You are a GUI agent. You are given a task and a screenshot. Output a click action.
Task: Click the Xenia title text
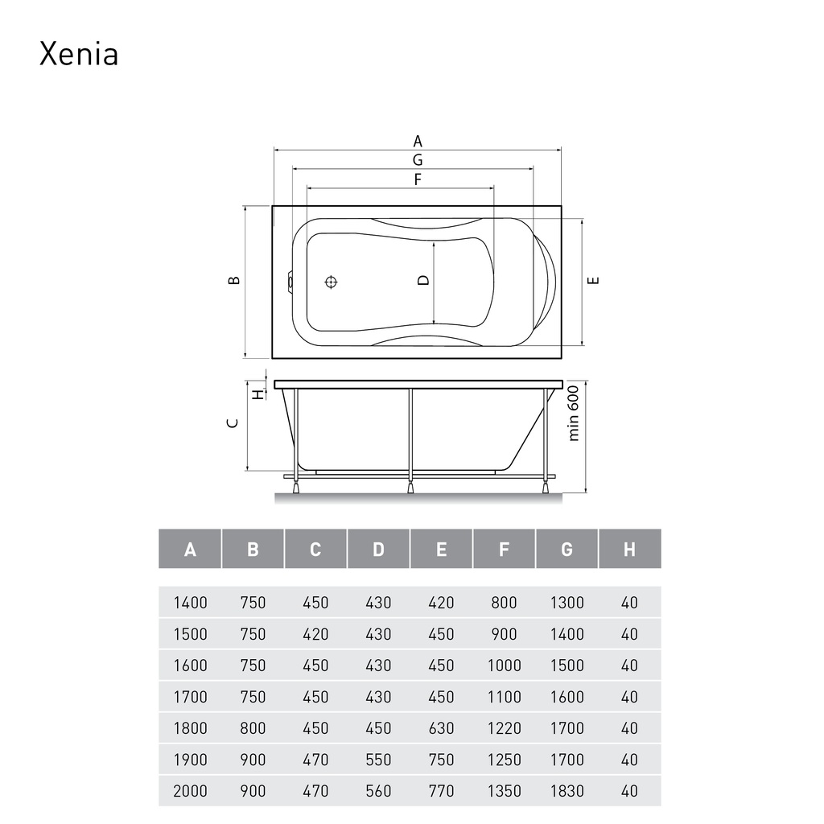(79, 54)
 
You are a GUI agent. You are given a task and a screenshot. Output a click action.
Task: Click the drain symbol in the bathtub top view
(331, 282)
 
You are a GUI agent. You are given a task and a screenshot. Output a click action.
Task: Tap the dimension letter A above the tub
(418, 142)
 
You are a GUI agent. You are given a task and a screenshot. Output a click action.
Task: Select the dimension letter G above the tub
(418, 160)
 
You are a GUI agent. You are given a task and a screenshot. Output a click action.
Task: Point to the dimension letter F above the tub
(418, 179)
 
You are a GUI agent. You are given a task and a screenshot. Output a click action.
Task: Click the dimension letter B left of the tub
(234, 280)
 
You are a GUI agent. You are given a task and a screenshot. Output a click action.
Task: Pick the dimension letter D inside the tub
(423, 280)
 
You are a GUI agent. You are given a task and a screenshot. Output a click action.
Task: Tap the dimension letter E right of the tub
(593, 280)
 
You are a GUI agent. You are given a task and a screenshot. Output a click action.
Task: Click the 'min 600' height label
(573, 413)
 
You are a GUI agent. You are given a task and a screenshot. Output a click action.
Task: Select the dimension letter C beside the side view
(233, 423)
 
